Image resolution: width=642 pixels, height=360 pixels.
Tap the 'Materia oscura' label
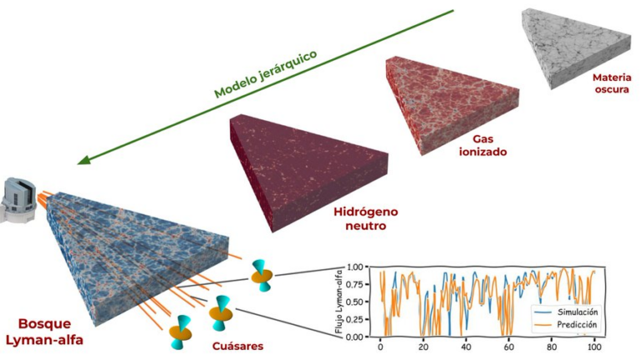(x=612, y=84)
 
